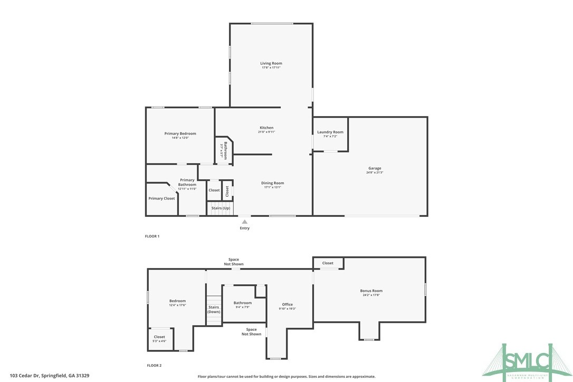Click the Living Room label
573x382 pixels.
click(x=271, y=63)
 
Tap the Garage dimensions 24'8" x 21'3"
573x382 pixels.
click(x=375, y=173)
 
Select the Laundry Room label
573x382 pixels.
click(x=330, y=132)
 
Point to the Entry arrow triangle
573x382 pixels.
click(x=245, y=222)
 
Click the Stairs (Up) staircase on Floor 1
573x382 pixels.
click(x=221, y=208)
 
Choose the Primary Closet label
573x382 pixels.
click(x=161, y=198)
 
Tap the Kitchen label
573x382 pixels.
click(x=266, y=128)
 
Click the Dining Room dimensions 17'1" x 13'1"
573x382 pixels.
click(x=273, y=187)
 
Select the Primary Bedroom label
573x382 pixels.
click(x=180, y=133)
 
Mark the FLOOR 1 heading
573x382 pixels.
click(x=152, y=236)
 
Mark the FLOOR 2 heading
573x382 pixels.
click(x=154, y=365)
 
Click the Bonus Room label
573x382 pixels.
click(x=371, y=291)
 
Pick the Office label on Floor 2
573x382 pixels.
click(x=287, y=304)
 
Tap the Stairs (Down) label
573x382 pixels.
click(x=214, y=309)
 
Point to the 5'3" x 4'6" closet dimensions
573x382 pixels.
click(x=159, y=341)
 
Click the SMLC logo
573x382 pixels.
click(x=527, y=360)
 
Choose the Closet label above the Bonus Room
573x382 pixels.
click(x=328, y=263)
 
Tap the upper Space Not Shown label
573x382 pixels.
click(x=234, y=262)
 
